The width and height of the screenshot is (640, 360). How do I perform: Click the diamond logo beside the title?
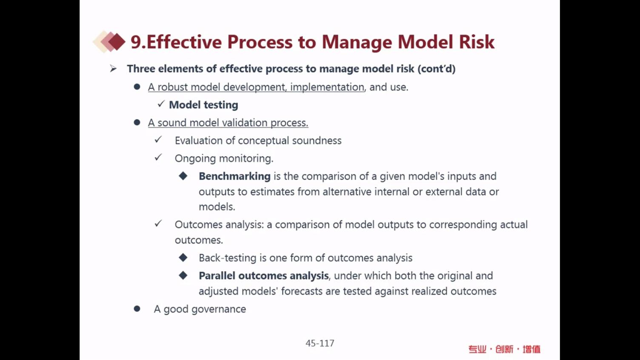109,42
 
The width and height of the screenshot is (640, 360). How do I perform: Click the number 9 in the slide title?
136,42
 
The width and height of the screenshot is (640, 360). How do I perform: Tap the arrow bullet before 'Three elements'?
113,69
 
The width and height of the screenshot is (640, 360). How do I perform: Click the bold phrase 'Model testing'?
203,105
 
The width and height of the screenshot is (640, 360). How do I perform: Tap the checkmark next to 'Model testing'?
161,104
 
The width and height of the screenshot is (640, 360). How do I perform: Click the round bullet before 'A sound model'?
137,123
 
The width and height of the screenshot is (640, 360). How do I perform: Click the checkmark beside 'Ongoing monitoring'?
158,157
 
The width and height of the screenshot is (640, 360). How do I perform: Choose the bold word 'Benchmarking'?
234,176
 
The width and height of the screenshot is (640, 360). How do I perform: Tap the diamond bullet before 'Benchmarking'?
183,176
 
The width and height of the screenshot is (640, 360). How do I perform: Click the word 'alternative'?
347,192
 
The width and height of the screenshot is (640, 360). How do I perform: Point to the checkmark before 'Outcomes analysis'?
158,223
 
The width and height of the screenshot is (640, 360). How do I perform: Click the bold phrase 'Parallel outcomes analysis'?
263,276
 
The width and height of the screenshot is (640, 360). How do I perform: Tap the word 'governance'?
219,309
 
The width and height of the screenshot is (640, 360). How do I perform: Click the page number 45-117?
320,343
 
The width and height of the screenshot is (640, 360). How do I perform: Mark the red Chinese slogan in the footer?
504,349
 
